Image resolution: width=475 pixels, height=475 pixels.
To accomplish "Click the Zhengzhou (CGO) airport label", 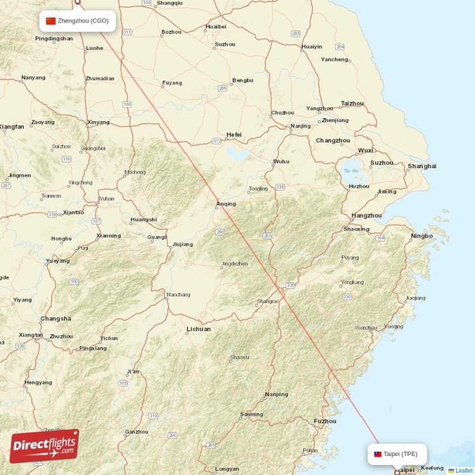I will coord(83,21).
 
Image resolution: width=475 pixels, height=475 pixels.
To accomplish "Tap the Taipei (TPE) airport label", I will coord(400,454).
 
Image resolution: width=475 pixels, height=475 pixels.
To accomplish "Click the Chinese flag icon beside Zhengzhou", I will coord(51,21).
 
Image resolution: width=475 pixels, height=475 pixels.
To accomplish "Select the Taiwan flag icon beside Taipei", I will coord(378,454).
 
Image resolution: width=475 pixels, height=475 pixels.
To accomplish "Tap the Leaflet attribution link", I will coord(464,470).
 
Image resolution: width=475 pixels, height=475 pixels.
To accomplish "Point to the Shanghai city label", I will coord(422,166).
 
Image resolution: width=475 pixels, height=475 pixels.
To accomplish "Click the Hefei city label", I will coord(234,135).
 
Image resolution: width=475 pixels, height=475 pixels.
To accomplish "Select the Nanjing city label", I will coord(300,126).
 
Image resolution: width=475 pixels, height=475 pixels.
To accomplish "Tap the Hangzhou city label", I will coord(366,216).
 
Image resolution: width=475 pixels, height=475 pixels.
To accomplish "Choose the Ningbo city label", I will coord(421,236).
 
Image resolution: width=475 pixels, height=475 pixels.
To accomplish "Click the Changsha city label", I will coord(56,319).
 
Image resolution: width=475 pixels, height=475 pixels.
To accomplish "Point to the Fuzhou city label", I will coord(325,421).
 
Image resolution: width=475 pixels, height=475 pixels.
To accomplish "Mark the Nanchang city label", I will coord(178,294).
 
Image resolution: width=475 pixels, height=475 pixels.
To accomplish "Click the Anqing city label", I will coord(226,204).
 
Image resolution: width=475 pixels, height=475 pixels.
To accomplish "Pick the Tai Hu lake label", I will coord(351,171).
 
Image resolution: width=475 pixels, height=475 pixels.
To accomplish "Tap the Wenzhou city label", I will coord(366,328).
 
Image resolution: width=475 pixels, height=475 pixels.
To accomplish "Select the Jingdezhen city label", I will coord(235,264).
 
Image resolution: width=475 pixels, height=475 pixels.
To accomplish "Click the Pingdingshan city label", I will coord(54,39).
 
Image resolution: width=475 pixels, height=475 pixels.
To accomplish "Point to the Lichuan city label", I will coord(198,328).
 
